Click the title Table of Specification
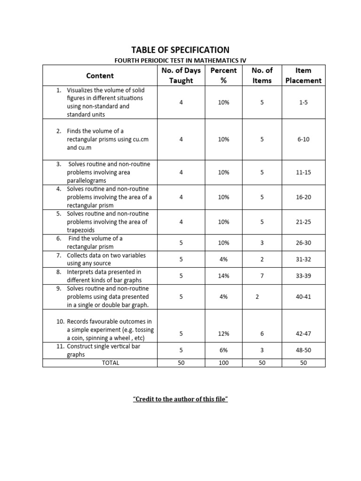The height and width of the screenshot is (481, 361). pos(180,50)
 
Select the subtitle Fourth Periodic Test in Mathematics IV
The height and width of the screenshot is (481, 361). pos(180,60)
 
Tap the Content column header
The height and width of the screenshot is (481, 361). pos(100,76)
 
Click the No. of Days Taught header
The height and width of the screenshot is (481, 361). pos(181,76)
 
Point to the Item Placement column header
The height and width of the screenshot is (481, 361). pos(303,76)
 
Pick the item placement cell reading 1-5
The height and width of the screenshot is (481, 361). pos(303,102)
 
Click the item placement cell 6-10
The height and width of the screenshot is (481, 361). pos(303,140)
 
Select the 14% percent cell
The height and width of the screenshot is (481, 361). pos(224,276)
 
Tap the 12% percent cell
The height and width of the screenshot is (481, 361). pos(224,334)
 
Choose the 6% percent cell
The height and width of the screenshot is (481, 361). pos(224,350)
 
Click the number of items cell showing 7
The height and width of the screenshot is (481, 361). pos(262,276)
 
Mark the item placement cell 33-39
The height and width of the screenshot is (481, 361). pos(303,276)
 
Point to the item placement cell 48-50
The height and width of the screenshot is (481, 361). pos(303,350)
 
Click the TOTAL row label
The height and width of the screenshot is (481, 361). pos(110,363)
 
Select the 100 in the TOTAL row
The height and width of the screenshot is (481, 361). pos(224,363)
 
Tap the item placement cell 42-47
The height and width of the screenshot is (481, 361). pos(303,334)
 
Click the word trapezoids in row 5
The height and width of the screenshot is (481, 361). pos(81,230)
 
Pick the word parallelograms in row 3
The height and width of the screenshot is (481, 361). pos(86,180)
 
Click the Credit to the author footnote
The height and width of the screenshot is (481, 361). pos(180,399)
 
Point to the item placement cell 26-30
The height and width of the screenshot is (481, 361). pos(303,243)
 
